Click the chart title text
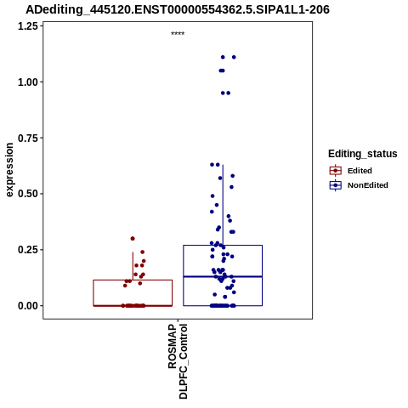178,9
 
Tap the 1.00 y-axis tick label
28,82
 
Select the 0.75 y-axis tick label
28,138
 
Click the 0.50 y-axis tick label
28,194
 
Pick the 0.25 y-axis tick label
28,250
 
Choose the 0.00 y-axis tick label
28,306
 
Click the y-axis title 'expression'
9,170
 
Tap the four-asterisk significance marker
178,34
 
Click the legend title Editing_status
363,154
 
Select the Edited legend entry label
360,171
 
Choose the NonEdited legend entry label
368,185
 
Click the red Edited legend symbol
336,171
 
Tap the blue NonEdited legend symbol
336,185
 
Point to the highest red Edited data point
133,239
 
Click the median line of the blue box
223,276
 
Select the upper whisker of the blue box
223,205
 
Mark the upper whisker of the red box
133,266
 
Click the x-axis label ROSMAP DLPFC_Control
178,361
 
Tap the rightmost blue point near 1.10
234,57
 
